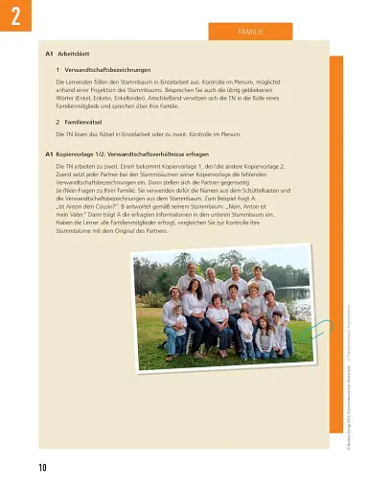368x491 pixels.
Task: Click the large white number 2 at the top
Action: pos(14,17)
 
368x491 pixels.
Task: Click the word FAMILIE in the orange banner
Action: pos(251,32)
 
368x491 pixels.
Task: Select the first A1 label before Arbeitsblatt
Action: pos(51,55)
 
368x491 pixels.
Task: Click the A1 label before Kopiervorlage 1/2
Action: pos(51,153)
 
